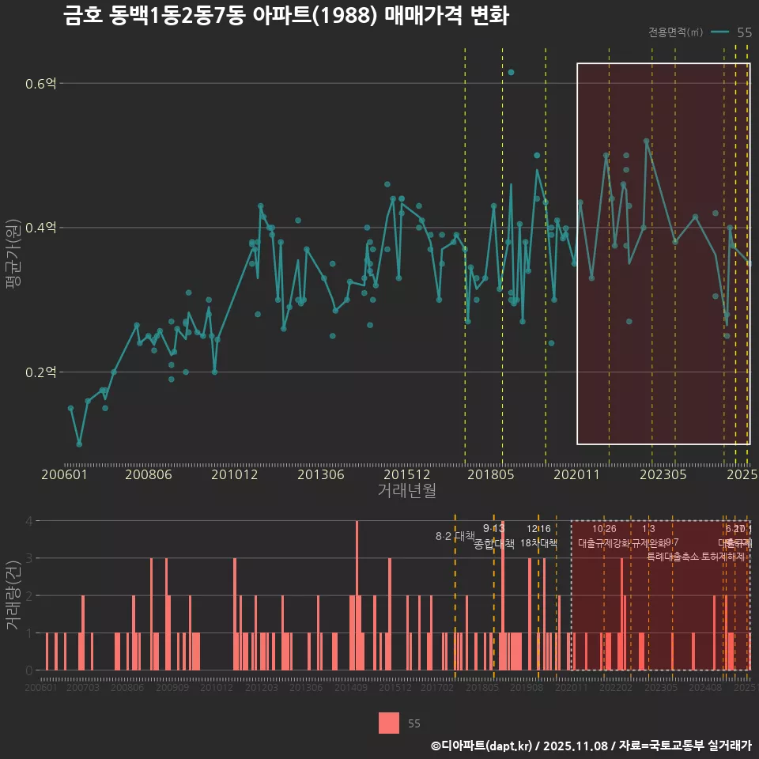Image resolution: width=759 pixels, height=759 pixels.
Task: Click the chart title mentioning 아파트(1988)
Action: click(286, 17)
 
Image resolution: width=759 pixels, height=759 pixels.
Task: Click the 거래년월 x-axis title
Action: click(406, 491)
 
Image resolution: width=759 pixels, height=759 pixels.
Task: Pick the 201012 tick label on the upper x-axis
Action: click(235, 475)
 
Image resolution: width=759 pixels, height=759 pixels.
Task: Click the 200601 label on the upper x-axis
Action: click(65, 475)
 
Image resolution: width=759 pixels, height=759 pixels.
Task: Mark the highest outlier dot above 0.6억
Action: click(511, 72)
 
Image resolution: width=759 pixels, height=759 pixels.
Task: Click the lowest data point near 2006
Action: click(79, 444)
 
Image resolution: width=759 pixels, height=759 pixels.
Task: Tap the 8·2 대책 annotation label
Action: click(455, 536)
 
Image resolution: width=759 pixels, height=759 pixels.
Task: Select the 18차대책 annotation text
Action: click(538, 543)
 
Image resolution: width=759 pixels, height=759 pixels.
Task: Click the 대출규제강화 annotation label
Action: click(603, 543)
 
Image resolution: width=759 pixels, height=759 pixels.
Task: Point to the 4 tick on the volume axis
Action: click(29, 521)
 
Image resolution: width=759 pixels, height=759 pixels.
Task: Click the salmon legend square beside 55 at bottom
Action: click(388, 723)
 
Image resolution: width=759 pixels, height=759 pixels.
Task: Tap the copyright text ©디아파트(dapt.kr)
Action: click(482, 746)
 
